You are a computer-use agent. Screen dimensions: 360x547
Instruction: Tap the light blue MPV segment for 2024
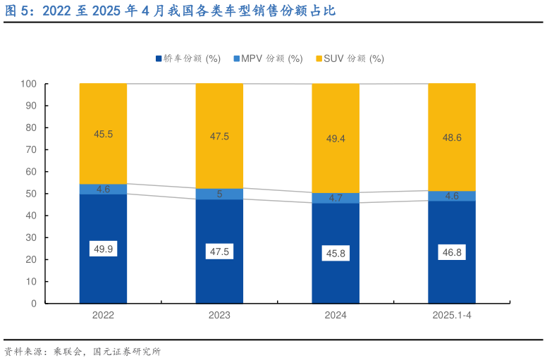tap(336, 198)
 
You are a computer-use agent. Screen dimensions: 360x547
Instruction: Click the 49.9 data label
tap(103, 249)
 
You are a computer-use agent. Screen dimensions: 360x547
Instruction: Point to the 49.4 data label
tap(336, 139)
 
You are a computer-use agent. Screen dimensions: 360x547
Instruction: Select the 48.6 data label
tap(452, 137)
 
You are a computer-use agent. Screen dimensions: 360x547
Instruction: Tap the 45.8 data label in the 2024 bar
tap(336, 254)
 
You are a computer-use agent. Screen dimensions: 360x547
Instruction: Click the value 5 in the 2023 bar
tap(219, 194)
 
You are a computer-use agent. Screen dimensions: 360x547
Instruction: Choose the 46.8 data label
tap(452, 252)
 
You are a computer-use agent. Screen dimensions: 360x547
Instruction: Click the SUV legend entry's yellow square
tap(319, 58)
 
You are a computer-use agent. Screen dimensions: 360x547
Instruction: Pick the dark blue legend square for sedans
tap(159, 58)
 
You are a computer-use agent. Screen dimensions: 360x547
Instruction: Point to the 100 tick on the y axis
tap(29, 84)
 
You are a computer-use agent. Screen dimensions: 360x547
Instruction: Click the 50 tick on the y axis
tap(32, 194)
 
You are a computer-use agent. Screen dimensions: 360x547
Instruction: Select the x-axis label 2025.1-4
tap(452, 316)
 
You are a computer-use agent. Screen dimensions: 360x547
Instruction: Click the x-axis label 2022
tap(103, 316)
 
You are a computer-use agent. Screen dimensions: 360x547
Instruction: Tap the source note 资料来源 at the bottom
tap(24, 351)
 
